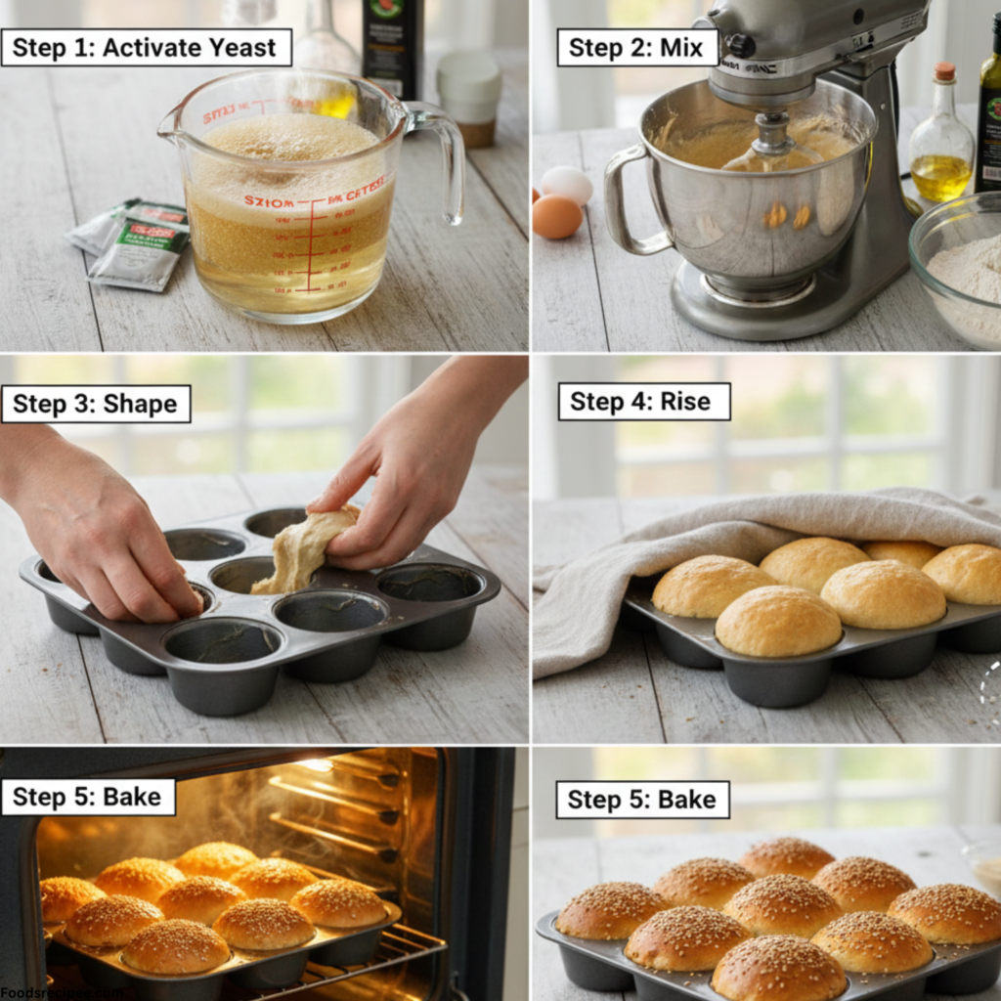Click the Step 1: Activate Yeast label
point(147,47)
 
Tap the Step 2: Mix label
point(636,47)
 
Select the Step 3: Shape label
point(96,404)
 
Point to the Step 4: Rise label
point(643,401)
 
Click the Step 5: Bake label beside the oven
point(88,797)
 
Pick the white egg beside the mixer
point(566,184)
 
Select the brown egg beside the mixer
point(557,216)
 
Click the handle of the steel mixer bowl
point(626,200)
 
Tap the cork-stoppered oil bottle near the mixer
point(941,142)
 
